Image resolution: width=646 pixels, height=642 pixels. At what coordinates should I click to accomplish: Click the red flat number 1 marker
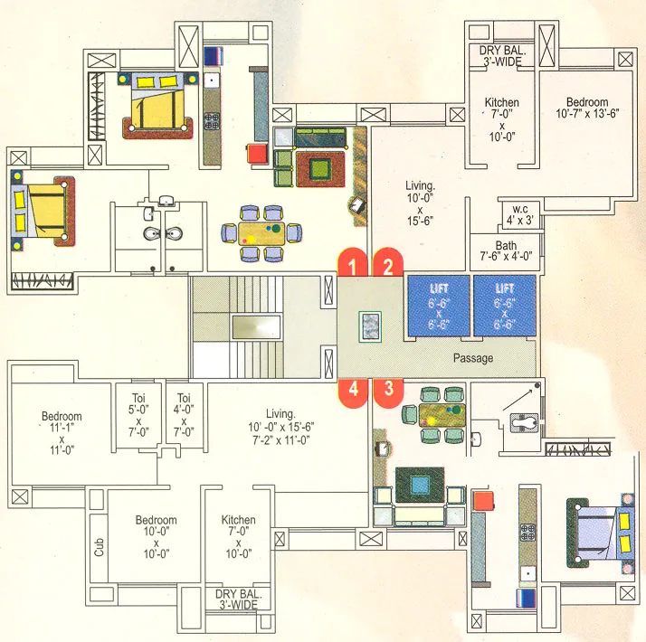[x=354, y=264]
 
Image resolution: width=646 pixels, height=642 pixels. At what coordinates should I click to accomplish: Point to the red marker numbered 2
[x=388, y=264]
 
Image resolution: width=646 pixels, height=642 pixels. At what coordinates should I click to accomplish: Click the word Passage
[x=473, y=358]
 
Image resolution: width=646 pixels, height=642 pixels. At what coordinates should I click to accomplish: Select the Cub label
[x=99, y=548]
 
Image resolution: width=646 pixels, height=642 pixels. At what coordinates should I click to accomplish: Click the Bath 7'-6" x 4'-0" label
[x=506, y=250]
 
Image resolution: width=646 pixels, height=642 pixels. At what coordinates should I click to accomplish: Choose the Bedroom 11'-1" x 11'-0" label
[x=62, y=432]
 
